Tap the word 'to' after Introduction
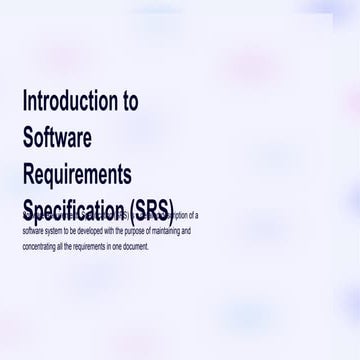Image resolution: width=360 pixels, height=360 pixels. coord(129,100)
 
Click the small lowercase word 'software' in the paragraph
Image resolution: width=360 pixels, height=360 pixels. coord(31,231)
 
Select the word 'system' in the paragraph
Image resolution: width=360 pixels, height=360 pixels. coord(52,231)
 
